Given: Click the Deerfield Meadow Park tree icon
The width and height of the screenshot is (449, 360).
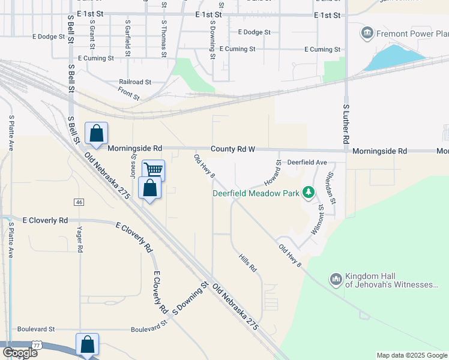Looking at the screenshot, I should click(x=309, y=193).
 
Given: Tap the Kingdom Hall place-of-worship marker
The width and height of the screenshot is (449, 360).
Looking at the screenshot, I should click(x=336, y=279).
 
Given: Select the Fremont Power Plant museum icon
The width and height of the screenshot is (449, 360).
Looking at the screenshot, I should click(x=367, y=33).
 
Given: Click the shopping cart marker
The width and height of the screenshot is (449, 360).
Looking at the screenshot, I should click(x=154, y=170).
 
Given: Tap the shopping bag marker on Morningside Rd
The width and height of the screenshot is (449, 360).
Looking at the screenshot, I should click(x=96, y=134).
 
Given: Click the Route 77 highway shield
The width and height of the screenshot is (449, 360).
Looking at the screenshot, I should click(x=37, y=345).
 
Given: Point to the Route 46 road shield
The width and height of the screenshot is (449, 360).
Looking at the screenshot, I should click(x=79, y=202).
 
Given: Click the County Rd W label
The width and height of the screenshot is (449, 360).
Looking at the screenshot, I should click(x=233, y=149).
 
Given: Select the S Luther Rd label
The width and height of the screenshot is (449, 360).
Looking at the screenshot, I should click(x=346, y=124).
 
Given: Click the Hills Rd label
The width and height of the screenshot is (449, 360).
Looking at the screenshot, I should click(x=247, y=262).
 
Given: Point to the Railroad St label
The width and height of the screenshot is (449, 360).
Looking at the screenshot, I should click(x=135, y=82).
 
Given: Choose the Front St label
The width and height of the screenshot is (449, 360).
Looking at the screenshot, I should click(x=128, y=93).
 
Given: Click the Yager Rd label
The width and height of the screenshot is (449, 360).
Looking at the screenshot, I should click(x=79, y=239).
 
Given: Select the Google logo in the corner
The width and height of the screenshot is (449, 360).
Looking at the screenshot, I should click(x=19, y=353).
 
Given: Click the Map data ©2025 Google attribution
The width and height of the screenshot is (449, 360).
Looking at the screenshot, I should click(x=412, y=355).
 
